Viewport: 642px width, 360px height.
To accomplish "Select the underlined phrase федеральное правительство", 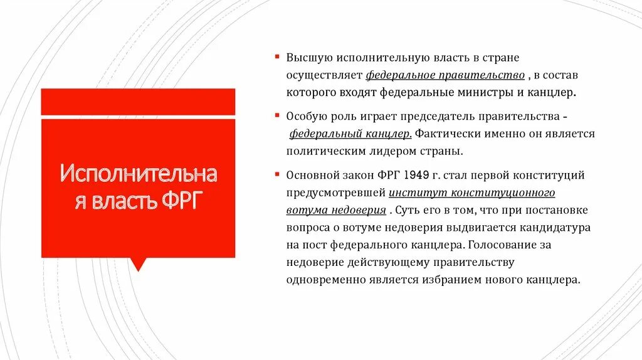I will (445, 75).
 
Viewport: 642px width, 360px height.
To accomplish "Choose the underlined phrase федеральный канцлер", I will (350, 134).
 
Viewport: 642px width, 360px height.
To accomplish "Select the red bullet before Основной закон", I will (277, 174).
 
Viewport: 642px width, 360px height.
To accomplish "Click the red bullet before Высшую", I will (277, 57).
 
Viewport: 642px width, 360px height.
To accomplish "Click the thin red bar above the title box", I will (138, 102).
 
